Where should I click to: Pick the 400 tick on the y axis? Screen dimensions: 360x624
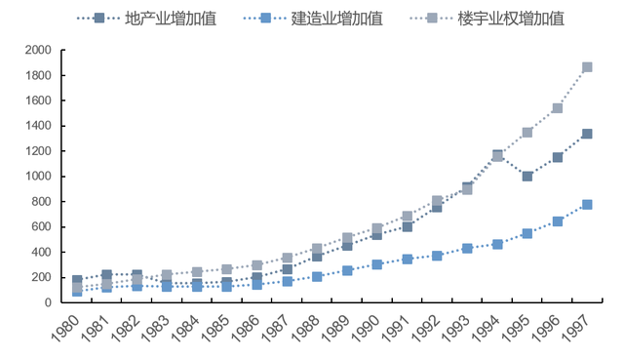point(43,252)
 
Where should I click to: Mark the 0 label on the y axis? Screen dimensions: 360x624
point(49,302)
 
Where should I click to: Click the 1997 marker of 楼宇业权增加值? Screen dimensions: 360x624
point(587,67)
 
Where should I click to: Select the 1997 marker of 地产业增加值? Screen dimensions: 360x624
point(587,134)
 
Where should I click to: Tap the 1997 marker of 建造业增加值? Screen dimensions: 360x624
point(587,205)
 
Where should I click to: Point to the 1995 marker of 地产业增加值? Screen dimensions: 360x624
point(527,177)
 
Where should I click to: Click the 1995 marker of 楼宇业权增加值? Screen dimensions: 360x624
point(527,133)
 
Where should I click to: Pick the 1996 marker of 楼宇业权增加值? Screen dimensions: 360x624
point(558,108)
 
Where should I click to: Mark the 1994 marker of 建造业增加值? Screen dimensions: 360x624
point(497,244)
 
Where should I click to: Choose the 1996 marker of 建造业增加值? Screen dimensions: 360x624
point(558,221)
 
